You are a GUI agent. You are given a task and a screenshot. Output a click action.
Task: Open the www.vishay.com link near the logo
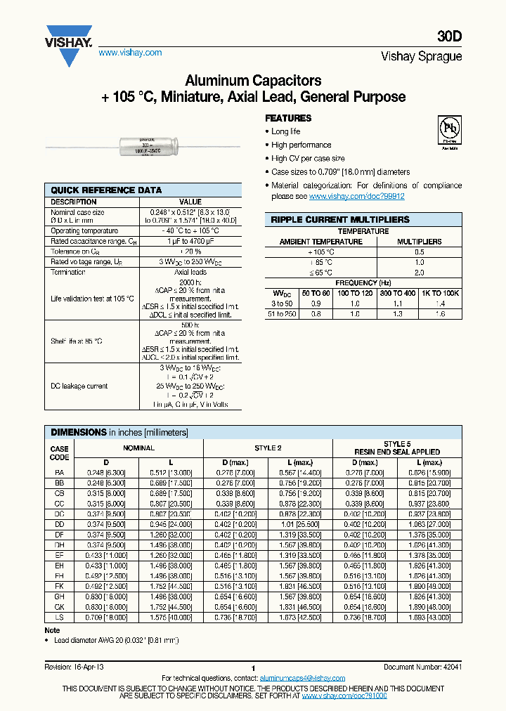130,53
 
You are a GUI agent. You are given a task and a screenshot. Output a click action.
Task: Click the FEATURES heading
288,118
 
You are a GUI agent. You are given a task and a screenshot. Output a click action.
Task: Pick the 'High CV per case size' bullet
308,159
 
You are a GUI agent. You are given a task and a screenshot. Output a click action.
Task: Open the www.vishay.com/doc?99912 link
356,197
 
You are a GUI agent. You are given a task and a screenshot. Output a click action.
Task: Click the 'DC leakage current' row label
78,386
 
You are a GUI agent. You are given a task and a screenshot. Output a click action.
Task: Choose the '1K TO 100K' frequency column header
440,292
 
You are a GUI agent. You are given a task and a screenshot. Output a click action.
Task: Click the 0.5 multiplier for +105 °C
420,252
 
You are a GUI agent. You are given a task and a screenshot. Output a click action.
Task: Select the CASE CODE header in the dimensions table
60,452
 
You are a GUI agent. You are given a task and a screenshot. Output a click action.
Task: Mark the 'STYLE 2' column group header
268,448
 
